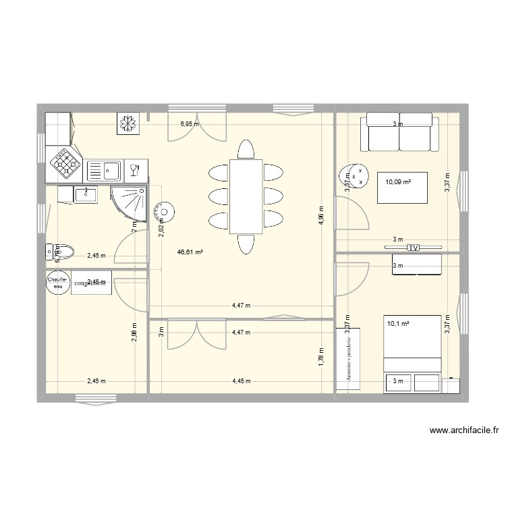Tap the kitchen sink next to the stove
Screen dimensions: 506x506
tap(103, 169)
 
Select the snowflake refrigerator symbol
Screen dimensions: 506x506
tap(127, 123)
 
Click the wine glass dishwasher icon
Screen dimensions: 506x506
tap(134, 169)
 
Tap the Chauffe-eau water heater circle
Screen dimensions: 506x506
tap(55, 282)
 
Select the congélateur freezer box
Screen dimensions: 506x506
tap(90, 283)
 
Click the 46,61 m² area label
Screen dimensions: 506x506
tap(191, 252)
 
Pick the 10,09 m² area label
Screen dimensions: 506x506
tap(398, 181)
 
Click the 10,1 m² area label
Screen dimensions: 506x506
tap(399, 323)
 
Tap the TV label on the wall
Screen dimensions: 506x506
tap(413, 248)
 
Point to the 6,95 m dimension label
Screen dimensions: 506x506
tap(189, 124)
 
